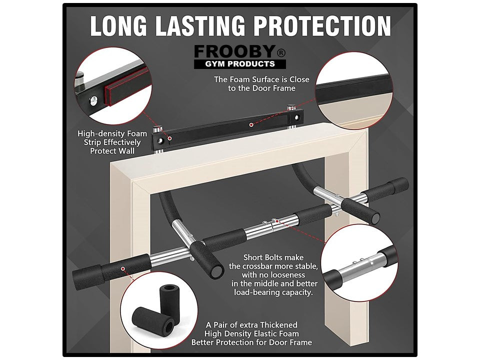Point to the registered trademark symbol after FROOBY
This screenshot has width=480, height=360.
282,51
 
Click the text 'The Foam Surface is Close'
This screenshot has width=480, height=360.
261,79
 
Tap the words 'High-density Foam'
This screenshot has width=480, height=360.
112,133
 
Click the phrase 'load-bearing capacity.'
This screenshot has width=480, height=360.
274,292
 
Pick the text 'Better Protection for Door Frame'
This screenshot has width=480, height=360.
251,342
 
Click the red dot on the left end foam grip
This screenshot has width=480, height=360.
121,268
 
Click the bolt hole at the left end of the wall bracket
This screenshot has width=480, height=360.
160,141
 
